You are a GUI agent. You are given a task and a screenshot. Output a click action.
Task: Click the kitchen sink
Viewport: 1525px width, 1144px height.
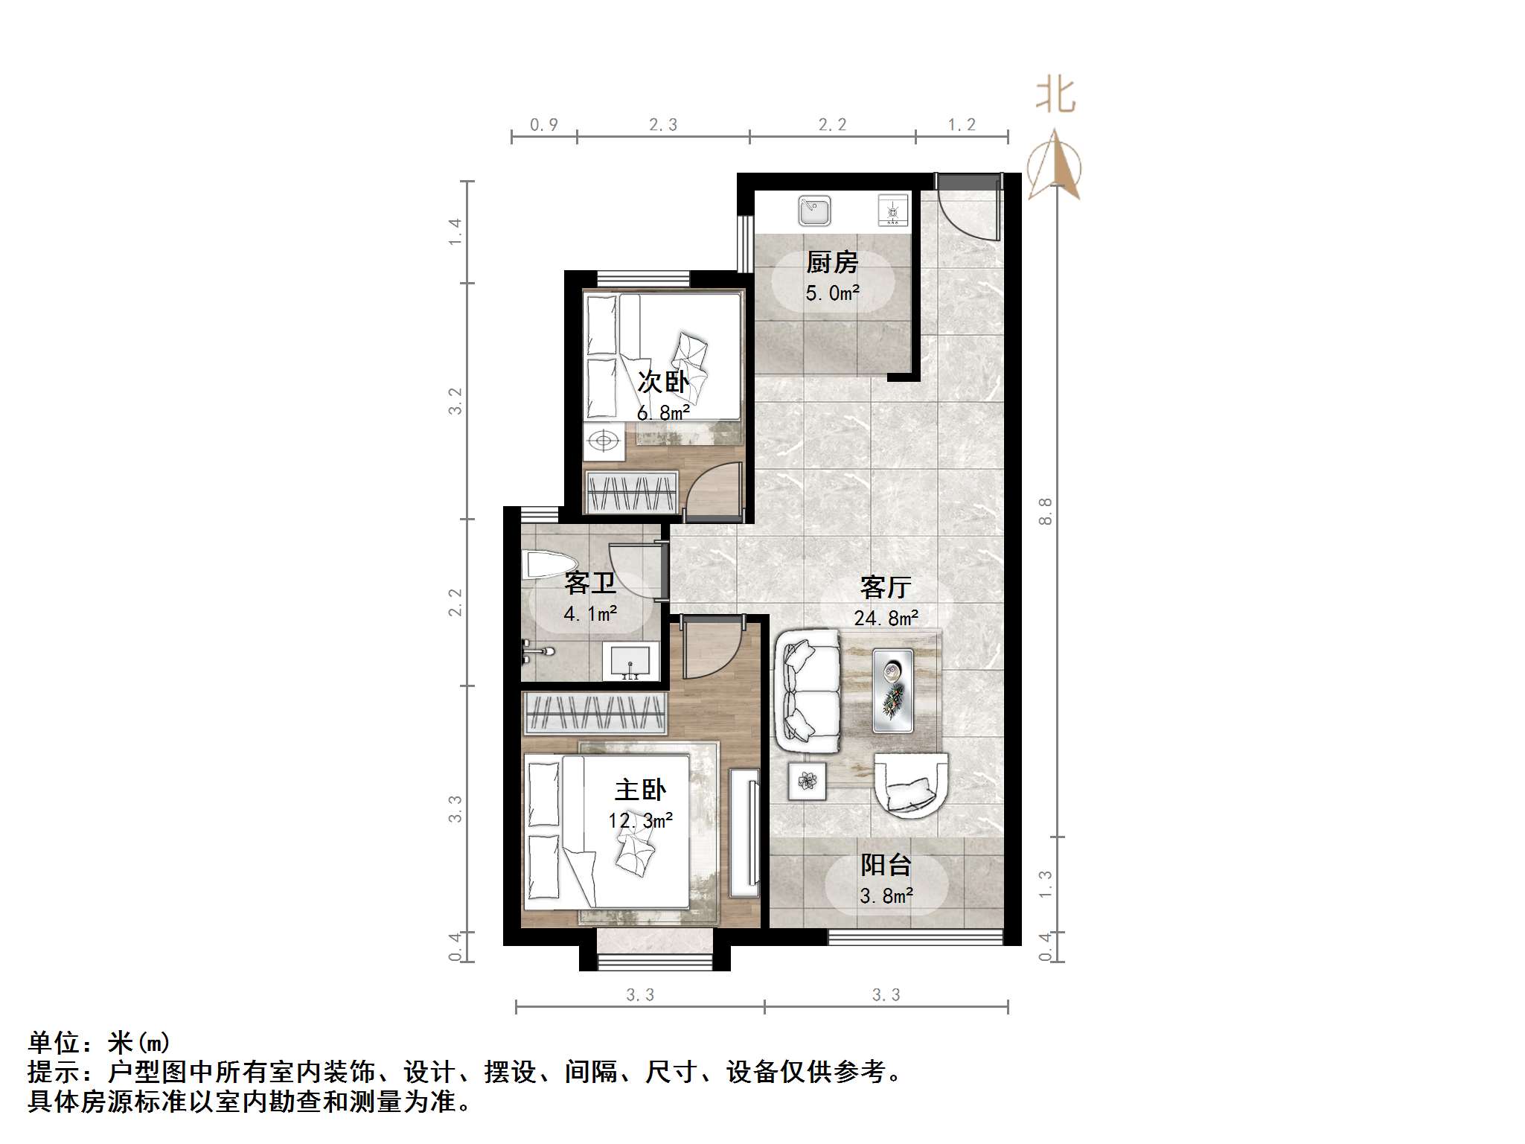(814, 211)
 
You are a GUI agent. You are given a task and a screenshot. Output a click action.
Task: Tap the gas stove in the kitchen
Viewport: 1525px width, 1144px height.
(893, 210)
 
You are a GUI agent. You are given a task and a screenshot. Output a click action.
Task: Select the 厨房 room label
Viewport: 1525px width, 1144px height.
(832, 262)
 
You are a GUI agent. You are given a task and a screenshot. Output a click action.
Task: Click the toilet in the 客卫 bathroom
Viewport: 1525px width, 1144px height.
(547, 564)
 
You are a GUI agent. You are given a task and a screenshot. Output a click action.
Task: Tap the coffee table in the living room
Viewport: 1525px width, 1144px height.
(892, 689)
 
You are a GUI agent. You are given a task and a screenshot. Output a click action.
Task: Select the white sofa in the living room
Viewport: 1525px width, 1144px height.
(807, 689)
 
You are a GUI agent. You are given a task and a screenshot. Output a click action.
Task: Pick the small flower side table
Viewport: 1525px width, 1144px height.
(808, 781)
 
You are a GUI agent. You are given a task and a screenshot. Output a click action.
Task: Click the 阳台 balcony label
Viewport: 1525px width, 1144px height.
(886, 865)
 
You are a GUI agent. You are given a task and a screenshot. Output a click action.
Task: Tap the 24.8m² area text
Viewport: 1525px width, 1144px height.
(886, 618)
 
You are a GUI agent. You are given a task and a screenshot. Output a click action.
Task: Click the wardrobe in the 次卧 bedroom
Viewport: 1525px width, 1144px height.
(632, 492)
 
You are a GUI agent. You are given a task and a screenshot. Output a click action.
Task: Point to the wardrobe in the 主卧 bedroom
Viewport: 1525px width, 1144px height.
(595, 712)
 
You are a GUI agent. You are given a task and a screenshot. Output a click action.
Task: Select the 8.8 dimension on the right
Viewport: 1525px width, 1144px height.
(1046, 511)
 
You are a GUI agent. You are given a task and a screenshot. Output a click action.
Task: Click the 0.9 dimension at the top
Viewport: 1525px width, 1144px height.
(544, 125)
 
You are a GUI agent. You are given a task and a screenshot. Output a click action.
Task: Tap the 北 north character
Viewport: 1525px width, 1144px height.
(1055, 97)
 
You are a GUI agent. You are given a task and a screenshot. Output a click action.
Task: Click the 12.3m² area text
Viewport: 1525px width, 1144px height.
(640, 821)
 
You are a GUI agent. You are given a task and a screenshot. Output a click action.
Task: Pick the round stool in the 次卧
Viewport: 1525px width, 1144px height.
(604, 441)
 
